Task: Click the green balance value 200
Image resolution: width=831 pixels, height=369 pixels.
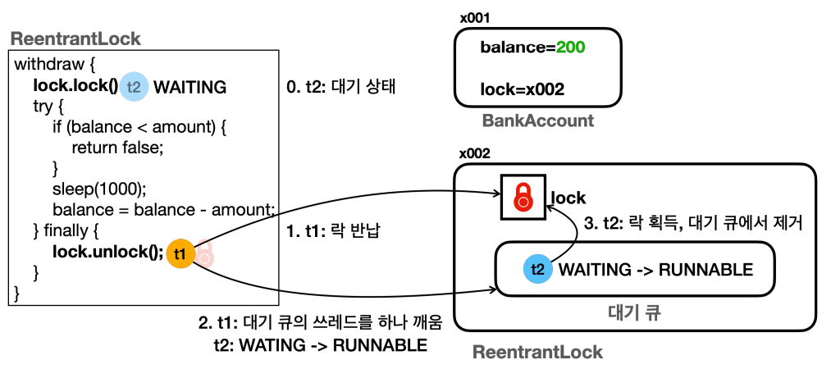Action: pyautogui.click(x=570, y=48)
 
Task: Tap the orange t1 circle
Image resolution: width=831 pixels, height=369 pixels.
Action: pyautogui.click(x=180, y=253)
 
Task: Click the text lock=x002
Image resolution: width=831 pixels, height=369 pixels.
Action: pyautogui.click(x=523, y=90)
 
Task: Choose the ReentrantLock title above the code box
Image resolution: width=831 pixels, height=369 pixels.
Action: pyautogui.click(x=75, y=39)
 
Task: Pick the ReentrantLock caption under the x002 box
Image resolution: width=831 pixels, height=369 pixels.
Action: pyautogui.click(x=537, y=353)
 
